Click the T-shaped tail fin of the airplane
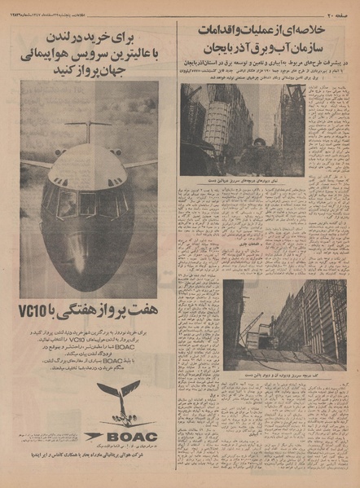point(88,127)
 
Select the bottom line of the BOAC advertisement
point(89,474)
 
